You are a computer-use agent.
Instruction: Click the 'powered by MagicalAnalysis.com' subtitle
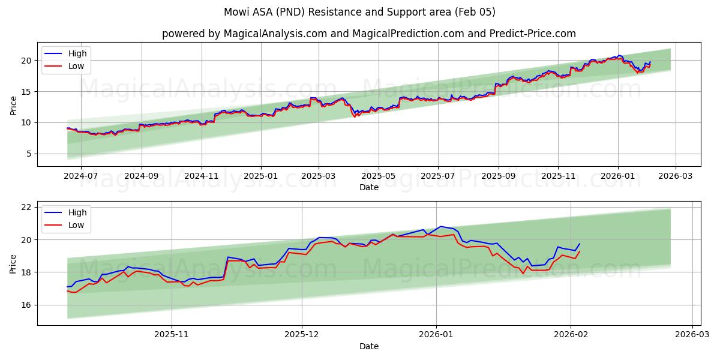tap(368, 34)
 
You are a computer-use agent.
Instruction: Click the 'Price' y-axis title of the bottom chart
tap(13, 263)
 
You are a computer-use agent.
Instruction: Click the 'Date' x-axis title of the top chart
tap(368, 187)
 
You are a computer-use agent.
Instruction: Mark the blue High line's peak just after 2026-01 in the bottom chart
tap(440, 226)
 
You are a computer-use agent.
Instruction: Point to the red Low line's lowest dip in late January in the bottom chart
tap(523, 274)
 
